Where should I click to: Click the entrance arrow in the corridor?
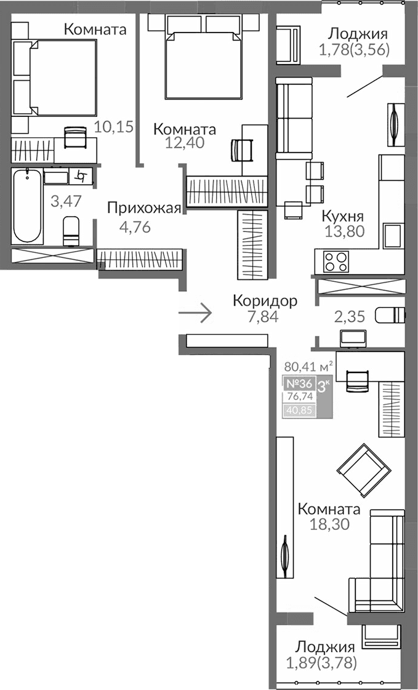click(x=195, y=313)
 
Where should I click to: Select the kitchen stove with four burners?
click(x=336, y=262)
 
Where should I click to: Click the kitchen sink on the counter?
click(x=393, y=235)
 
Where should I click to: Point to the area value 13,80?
click(x=345, y=231)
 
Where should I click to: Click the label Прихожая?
click(x=144, y=208)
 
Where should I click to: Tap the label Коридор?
click(x=265, y=301)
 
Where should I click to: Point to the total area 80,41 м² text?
click(x=308, y=367)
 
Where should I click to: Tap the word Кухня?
click(x=343, y=217)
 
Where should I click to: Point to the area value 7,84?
click(x=264, y=317)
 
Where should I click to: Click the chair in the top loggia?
click(x=288, y=45)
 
